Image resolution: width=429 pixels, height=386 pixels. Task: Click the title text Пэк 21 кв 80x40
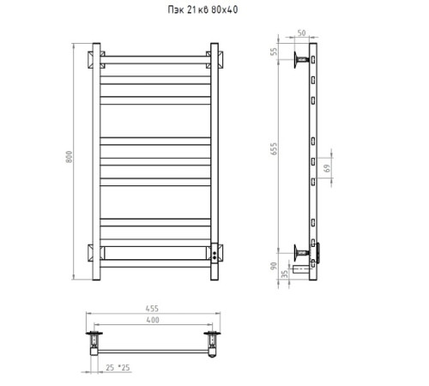pyautogui.click(x=202, y=9)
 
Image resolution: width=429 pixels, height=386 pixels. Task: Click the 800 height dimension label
pyautogui.click(x=69, y=157)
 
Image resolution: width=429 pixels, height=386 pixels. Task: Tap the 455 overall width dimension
pyautogui.click(x=152, y=309)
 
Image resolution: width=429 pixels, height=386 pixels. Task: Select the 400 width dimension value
pyautogui.click(x=153, y=320)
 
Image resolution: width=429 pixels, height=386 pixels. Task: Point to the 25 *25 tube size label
pyautogui.click(x=118, y=367)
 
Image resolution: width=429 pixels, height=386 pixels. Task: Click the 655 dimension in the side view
pyautogui.click(x=274, y=148)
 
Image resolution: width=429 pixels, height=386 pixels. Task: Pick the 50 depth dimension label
pyautogui.click(x=301, y=33)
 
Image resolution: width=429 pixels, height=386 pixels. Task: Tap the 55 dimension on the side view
pyautogui.click(x=274, y=51)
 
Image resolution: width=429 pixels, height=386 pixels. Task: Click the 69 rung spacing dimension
pyautogui.click(x=327, y=168)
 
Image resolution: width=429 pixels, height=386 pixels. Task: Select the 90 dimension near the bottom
pyautogui.click(x=274, y=266)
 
